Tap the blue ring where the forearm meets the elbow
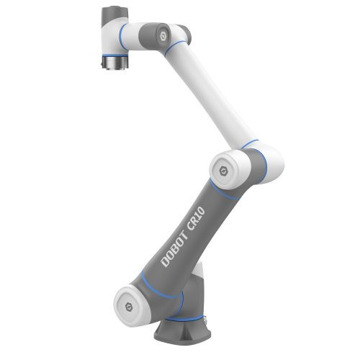coord(252,144)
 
